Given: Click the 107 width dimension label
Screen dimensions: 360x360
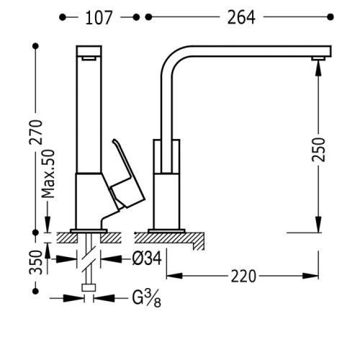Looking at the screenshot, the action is pos(99,17).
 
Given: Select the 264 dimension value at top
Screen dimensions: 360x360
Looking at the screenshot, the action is pos(241,17).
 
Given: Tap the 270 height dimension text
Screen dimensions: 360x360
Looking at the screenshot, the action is pos(36,132).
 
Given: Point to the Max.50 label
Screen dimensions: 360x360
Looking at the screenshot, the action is pos(48,174).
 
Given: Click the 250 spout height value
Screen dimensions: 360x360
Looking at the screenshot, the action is pos(318,149).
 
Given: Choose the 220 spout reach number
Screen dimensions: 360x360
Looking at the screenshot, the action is pos(243,276).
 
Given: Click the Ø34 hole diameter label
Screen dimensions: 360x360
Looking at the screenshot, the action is pos(147,258).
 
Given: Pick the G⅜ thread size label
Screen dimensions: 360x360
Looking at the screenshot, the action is pos(146,299).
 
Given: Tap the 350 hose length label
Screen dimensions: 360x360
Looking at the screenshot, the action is pos(36,262).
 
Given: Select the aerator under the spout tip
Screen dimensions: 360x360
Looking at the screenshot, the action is pos(318,58).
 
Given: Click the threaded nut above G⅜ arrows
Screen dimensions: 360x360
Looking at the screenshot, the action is pos(89,287).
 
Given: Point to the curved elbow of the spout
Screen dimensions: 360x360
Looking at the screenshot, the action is pos(174,59).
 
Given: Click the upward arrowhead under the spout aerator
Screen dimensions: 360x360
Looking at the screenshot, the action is pos(318,68).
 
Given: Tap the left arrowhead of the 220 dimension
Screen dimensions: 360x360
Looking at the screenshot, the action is pos(174,276).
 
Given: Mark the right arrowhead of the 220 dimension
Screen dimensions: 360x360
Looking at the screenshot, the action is pos(310,276).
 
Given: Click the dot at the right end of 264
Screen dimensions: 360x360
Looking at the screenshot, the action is pos(330,17).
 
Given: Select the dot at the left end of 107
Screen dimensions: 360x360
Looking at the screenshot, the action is pos(63,17).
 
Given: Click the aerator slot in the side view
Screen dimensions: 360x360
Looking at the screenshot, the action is pos(89,58).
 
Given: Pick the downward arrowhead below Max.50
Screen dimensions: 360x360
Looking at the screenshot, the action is pos(48,224).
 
